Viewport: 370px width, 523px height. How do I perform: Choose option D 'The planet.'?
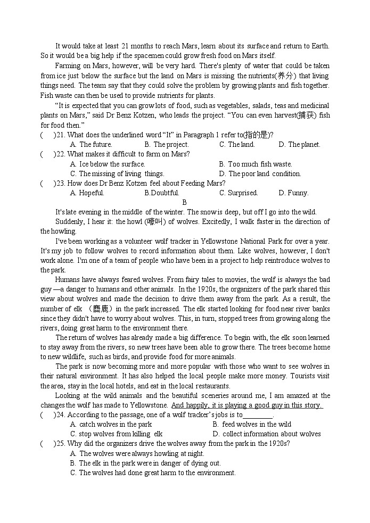(x=304, y=144)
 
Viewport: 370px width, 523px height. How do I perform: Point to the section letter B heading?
(x=185, y=202)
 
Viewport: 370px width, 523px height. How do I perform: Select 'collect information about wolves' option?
(x=272, y=434)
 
